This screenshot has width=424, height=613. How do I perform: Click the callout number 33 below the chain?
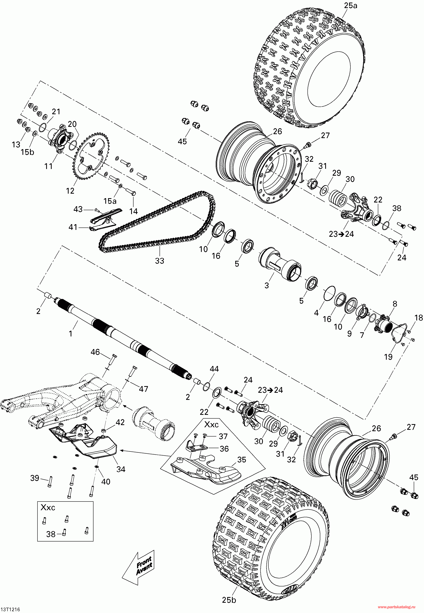pos(160,261)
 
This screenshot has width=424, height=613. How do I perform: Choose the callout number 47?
pos(143,389)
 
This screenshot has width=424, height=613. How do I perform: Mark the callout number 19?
pos(388,357)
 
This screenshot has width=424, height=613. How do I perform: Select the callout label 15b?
pos(28,152)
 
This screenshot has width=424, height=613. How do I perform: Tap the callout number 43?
pos(78,209)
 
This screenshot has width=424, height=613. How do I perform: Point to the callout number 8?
pos(395,304)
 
